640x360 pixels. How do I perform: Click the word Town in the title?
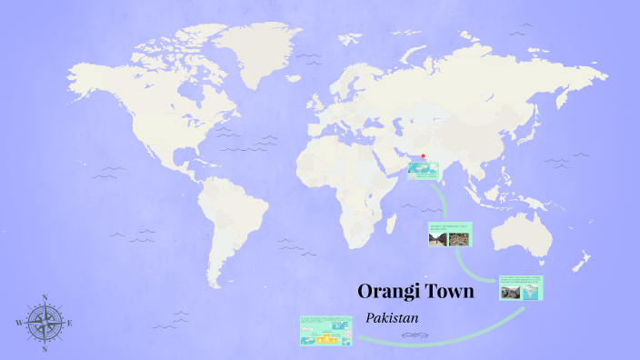[x=451, y=292]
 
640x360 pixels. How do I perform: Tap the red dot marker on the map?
[x=423, y=155]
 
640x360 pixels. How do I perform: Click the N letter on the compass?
[x=44, y=298]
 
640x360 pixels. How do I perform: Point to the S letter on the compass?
[x=44, y=348]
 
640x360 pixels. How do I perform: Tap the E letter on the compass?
[x=70, y=324]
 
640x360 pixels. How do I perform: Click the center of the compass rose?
[x=44, y=323]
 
